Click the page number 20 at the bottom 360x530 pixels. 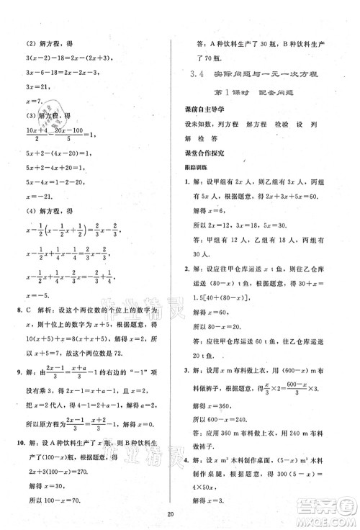(x=179, y=515)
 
